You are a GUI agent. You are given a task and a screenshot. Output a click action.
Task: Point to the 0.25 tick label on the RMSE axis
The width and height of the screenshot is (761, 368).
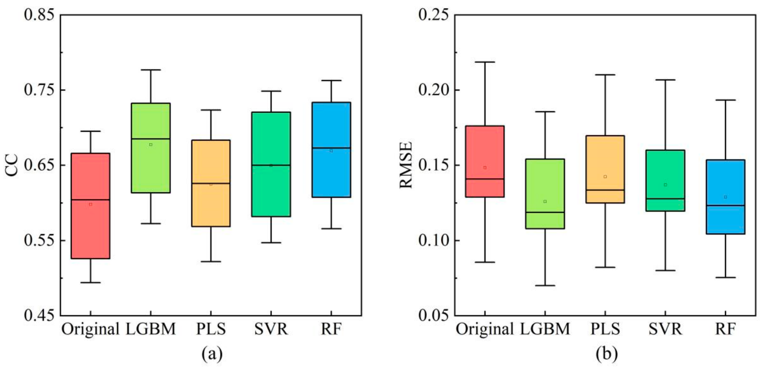point(434,15)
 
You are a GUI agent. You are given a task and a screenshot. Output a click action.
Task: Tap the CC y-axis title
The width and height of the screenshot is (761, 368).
point(12,165)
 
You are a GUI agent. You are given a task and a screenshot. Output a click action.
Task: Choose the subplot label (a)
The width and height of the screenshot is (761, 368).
point(212,353)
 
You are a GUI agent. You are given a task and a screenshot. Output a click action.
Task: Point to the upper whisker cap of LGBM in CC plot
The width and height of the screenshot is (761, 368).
point(151,70)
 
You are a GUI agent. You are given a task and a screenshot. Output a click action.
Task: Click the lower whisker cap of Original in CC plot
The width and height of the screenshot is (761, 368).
point(91,283)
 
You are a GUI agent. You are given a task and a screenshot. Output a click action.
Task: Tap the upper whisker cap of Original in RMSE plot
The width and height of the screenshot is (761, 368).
point(485,62)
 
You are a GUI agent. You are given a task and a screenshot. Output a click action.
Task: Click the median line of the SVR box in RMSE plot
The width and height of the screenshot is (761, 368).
point(665,199)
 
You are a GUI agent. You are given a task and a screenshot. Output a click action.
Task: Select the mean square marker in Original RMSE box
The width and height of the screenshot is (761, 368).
point(485,168)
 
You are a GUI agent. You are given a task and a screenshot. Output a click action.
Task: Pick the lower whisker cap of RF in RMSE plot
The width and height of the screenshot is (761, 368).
point(725,277)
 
